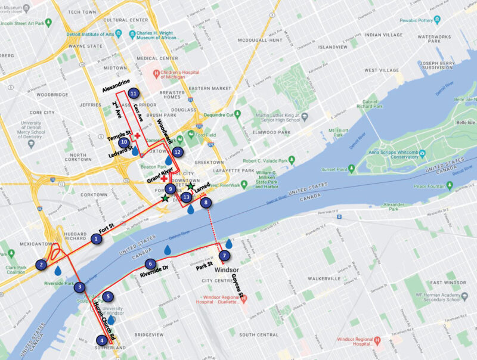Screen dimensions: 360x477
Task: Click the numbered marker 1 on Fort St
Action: point(96,239)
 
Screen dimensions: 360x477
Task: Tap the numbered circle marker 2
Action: point(41,265)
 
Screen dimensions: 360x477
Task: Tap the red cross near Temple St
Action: point(138,136)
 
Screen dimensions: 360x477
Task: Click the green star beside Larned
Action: point(190,187)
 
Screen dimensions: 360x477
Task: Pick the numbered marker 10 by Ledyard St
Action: point(123,142)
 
